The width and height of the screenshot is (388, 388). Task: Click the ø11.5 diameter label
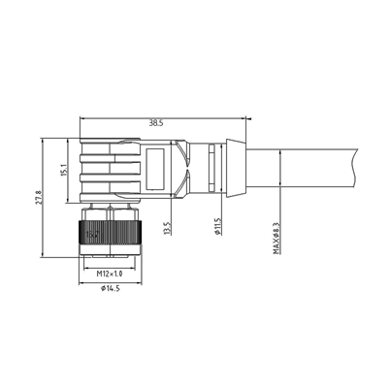(x=215, y=226)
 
